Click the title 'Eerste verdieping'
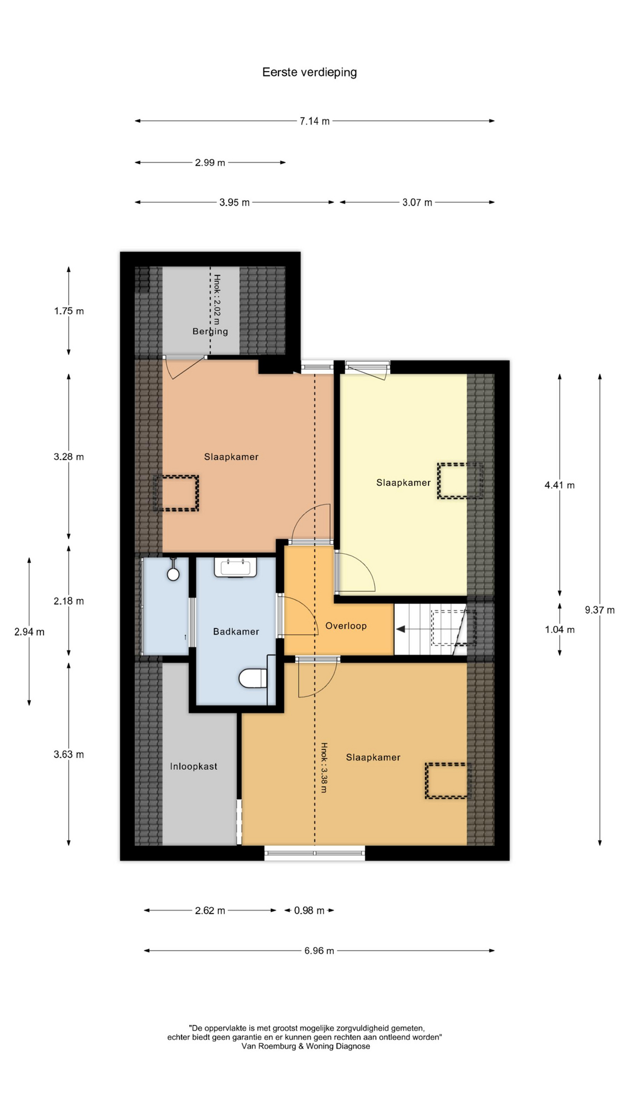point(309,72)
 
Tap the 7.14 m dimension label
point(314,121)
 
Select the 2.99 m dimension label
point(210,162)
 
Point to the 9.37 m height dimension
point(600,610)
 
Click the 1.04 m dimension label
point(560,629)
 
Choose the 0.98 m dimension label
point(309,910)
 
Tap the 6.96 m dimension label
point(319,951)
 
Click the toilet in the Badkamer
point(253,678)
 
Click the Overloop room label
point(346,626)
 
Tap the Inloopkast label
point(193,766)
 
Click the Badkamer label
point(236,631)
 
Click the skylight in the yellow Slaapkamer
point(460,480)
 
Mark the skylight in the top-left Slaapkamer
point(176,493)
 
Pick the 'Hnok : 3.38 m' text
point(324,767)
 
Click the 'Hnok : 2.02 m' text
point(217,299)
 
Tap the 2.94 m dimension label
point(29,632)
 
